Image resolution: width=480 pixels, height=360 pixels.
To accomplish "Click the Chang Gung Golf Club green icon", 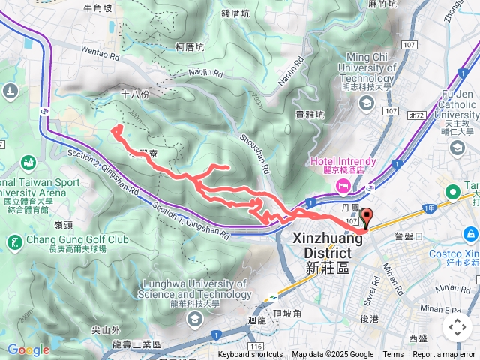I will pyautogui.click(x=14, y=241).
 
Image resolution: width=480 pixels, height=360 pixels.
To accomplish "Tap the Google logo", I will pyautogui.click(x=28, y=349).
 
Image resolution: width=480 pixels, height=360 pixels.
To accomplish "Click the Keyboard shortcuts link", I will pyautogui.click(x=250, y=355).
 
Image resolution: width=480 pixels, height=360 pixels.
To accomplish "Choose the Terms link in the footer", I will pyautogui.click(x=393, y=355).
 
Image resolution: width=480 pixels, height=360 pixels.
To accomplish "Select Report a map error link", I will pyautogui.click(x=444, y=355).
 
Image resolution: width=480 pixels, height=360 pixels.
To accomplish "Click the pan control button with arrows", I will pyautogui.click(x=457, y=327).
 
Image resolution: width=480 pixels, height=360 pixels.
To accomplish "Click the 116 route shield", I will pyautogui.click(x=256, y=346).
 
